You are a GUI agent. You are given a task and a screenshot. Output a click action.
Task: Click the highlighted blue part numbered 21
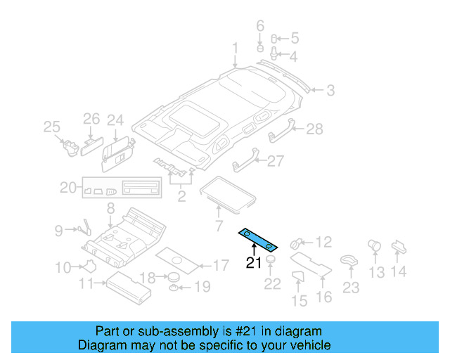[258, 240]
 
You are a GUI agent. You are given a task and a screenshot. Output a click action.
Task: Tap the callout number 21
[253, 264]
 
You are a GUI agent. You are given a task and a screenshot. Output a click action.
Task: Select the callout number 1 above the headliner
[236, 49]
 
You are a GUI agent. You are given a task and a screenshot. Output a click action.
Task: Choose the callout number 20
[67, 187]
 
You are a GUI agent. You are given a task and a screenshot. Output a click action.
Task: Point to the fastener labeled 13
[374, 247]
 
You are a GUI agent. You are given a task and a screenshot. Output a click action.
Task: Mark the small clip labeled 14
[399, 245]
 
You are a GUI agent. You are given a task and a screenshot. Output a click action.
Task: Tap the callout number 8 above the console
[110, 208]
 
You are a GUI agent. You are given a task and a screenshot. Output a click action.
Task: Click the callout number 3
[330, 90]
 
